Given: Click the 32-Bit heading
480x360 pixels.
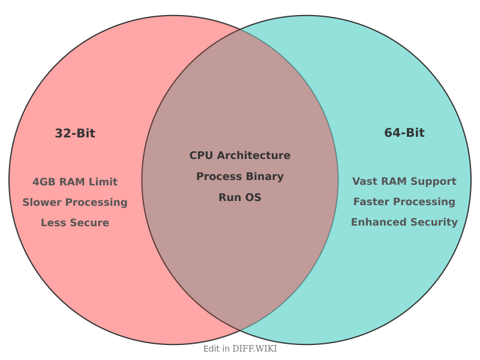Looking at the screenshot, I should click(75, 134).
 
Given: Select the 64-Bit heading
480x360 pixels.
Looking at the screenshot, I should click(404, 133).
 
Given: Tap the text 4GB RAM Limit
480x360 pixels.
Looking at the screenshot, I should click(75, 182).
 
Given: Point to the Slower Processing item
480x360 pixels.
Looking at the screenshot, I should click(75, 202).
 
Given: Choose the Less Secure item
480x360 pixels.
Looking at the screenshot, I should click(75, 223).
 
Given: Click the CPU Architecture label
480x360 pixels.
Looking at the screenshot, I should click(240, 155).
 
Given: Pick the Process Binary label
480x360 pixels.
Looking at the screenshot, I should click(240, 176).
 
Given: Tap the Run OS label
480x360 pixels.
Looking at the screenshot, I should click(240, 197).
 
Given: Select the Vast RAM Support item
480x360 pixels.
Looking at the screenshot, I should click(404, 181).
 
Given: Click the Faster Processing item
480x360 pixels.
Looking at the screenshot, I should click(404, 202).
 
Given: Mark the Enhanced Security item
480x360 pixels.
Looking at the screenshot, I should click(404, 222).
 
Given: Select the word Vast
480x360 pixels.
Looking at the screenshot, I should click(364, 181).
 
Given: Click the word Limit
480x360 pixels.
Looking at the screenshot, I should click(104, 182).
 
